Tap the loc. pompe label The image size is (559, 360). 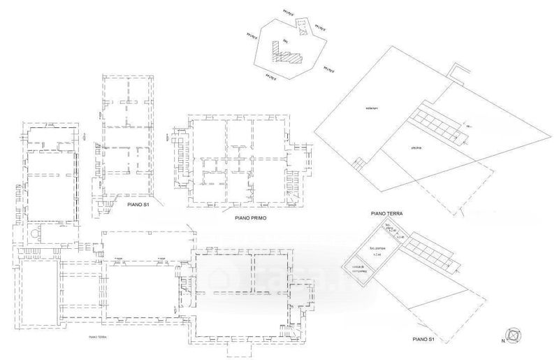pos(378,247)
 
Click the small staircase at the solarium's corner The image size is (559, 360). pos(359,164)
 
